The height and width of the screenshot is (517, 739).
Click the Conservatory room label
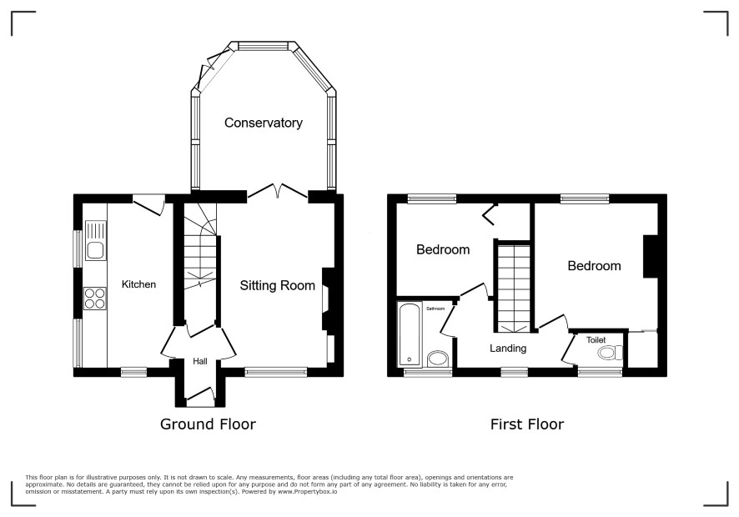coord(263,123)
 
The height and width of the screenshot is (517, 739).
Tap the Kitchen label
coord(138,284)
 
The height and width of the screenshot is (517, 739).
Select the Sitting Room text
coord(277,285)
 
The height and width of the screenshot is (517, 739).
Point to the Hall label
coord(200,361)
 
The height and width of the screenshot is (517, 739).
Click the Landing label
coord(508,349)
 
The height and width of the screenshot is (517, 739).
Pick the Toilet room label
coord(596,339)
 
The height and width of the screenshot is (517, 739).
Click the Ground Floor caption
coord(208,424)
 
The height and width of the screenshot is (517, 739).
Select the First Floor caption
coord(527,424)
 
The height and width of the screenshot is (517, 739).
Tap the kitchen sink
coord(96,241)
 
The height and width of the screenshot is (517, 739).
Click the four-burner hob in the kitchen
coord(95,299)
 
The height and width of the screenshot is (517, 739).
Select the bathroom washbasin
coord(438,359)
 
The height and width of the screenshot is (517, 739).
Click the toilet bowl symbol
coord(610,353)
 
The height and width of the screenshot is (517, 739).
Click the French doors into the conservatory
coord(278,191)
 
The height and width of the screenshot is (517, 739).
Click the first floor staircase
coord(513,288)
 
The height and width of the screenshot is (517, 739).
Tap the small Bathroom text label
coord(435,309)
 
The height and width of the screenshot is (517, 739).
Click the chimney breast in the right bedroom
coord(651,256)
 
